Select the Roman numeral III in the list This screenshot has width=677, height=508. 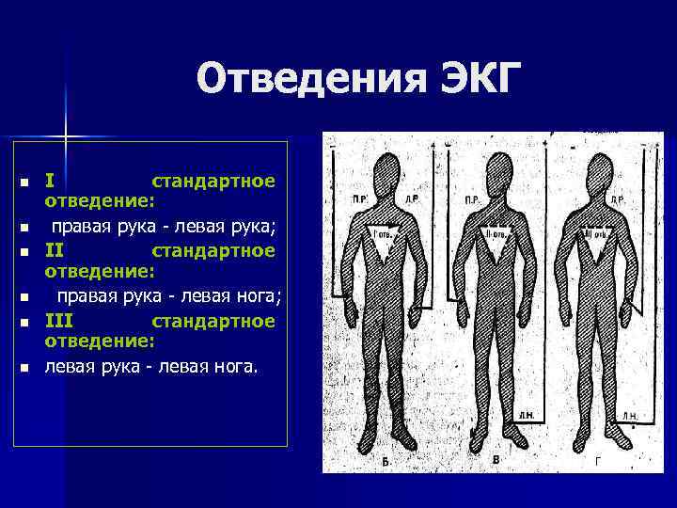(x=60, y=322)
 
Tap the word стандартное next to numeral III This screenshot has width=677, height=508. (x=213, y=322)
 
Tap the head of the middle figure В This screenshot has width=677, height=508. (x=495, y=173)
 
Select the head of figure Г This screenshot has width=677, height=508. (x=598, y=173)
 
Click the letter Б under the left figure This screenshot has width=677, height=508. (x=386, y=462)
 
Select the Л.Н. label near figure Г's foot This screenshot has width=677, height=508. (x=629, y=415)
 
